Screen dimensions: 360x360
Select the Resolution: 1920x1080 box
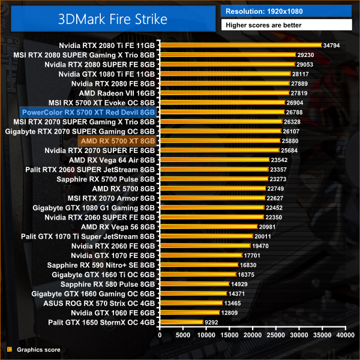[286, 11]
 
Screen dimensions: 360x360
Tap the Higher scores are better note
[286, 25]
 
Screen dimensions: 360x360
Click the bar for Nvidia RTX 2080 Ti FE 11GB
[240, 46]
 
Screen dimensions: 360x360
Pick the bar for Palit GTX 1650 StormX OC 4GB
[181, 322]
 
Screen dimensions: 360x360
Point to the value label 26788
[294, 112]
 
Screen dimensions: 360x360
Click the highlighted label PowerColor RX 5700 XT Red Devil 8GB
[88, 112]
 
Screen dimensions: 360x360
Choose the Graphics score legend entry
[38, 349]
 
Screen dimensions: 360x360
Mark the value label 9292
[212, 322]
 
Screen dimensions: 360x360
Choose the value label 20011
[262, 236]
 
